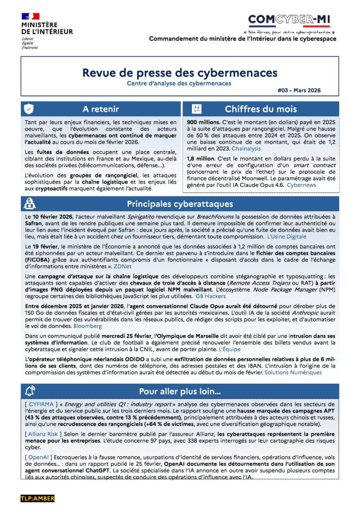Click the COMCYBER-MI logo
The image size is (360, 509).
(290, 20)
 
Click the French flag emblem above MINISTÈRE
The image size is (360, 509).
(30, 16)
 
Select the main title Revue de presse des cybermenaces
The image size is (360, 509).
(180, 73)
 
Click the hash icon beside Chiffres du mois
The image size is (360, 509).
(196, 109)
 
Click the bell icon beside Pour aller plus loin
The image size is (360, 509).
(30, 391)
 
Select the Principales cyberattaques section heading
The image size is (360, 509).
(180, 204)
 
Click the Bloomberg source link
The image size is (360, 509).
(88, 326)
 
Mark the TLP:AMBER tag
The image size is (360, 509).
(37, 498)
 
